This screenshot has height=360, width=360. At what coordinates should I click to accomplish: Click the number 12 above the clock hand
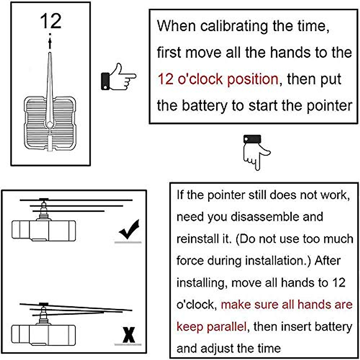pyautogui.click(x=50, y=21)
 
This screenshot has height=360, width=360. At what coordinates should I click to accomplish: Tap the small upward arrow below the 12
pyautogui.click(x=50, y=42)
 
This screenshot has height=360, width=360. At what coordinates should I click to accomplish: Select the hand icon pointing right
pyautogui.click(x=118, y=77)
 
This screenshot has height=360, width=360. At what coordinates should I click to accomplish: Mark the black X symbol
pyautogui.click(x=129, y=335)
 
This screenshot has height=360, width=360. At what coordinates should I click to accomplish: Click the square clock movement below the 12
pyautogui.click(x=50, y=123)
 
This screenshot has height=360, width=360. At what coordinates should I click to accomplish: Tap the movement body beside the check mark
pyautogui.click(x=43, y=230)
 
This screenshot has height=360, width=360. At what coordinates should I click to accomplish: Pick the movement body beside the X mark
pyautogui.click(x=43, y=334)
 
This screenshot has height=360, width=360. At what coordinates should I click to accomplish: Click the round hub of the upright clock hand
pyautogui.click(x=50, y=124)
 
